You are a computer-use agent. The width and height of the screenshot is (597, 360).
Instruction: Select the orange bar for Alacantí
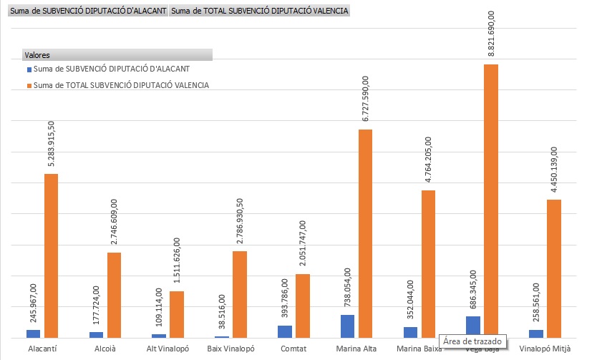tap(52, 256)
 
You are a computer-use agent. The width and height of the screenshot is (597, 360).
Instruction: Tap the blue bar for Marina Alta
tap(348, 326)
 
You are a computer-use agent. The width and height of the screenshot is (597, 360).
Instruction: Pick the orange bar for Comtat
tap(303, 306)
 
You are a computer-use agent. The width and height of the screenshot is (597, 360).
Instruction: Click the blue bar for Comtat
tap(285, 331)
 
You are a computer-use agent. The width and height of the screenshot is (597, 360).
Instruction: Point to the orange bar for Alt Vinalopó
tap(177, 314)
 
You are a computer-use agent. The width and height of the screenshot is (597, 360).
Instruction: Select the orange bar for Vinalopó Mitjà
tap(554, 268)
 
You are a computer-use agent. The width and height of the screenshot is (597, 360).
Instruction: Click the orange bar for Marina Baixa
tap(428, 264)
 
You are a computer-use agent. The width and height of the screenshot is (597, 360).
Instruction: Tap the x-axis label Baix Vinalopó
tap(231, 349)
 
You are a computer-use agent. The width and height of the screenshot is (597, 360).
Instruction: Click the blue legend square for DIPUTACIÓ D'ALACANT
tap(29, 69)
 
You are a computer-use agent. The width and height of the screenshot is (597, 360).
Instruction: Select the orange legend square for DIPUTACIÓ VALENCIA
tap(29, 85)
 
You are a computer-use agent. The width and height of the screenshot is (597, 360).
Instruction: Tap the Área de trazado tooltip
tap(473, 341)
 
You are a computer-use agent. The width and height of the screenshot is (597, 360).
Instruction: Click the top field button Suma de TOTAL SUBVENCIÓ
tap(260, 11)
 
